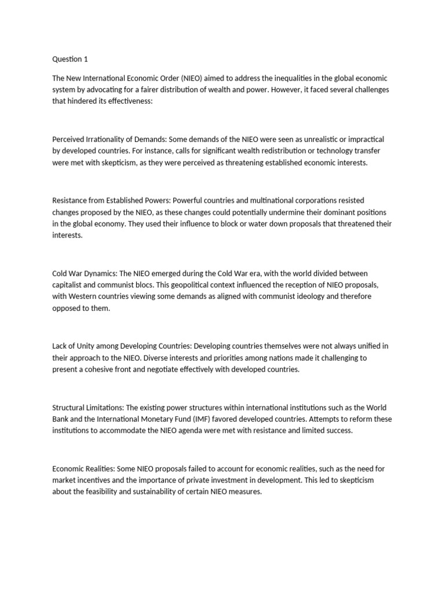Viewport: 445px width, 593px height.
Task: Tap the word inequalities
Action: pyautogui.click(x=295, y=78)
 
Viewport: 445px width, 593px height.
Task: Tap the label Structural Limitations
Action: pyautogui.click(x=87, y=419)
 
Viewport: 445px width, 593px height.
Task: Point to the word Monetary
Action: pyautogui.click(x=167, y=431)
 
